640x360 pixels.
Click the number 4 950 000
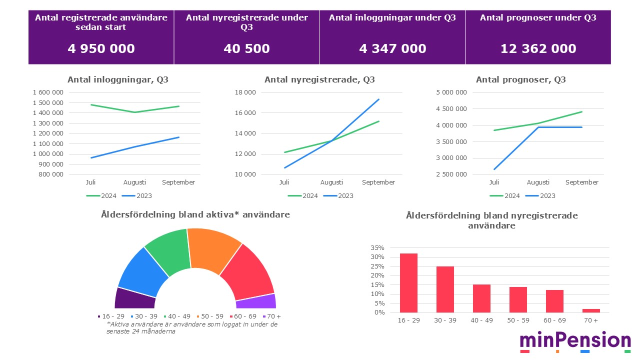click(101, 48)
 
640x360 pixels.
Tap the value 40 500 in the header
click(247, 48)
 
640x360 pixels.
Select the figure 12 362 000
click(538, 48)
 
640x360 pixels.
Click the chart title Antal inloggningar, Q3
click(118, 79)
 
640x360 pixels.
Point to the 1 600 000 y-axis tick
click(48, 92)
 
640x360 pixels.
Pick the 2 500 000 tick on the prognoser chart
click(451, 174)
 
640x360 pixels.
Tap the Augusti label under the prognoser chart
click(538, 182)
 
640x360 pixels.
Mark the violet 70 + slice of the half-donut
click(255, 301)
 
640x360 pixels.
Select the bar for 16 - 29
click(408, 283)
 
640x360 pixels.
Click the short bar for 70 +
click(591, 310)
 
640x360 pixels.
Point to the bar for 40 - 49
click(481, 298)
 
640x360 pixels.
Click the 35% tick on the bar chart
click(377, 248)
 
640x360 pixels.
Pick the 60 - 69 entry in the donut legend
click(244, 316)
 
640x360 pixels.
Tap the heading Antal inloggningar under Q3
click(392, 18)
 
